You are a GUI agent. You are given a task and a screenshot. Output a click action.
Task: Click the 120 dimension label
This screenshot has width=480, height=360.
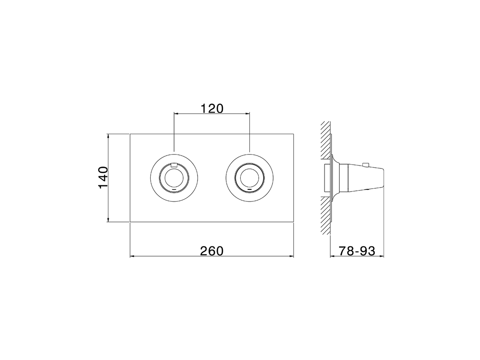pyautogui.click(x=211, y=108)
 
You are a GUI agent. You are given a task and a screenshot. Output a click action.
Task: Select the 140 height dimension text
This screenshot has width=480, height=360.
pyautogui.click(x=103, y=178)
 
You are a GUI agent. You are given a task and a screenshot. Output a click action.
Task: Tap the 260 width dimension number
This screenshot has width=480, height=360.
pyautogui.click(x=211, y=251)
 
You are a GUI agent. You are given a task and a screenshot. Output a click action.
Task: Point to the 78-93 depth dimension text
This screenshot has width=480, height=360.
pyautogui.click(x=357, y=251)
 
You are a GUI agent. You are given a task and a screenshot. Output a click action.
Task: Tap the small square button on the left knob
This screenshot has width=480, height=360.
pyautogui.click(x=174, y=164)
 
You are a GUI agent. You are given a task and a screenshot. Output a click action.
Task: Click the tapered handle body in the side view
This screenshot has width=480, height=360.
pyautogui.click(x=366, y=177)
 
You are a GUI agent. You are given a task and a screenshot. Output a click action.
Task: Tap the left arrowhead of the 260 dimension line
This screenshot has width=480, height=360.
pyautogui.click(x=132, y=256)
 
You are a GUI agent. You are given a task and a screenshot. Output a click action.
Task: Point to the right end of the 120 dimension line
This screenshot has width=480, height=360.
pyautogui.click(x=249, y=113)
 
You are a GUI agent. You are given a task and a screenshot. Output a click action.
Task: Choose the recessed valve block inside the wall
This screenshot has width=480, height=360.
pyautogui.click(x=326, y=177)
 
